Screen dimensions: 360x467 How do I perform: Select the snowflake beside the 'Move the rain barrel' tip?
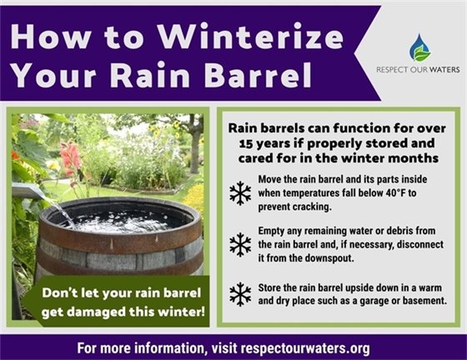point(240,193)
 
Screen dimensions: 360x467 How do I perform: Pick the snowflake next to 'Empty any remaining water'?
point(240,244)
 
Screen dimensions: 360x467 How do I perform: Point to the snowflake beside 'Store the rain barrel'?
point(240,293)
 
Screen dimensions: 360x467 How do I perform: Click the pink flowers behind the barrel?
point(72,159)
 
